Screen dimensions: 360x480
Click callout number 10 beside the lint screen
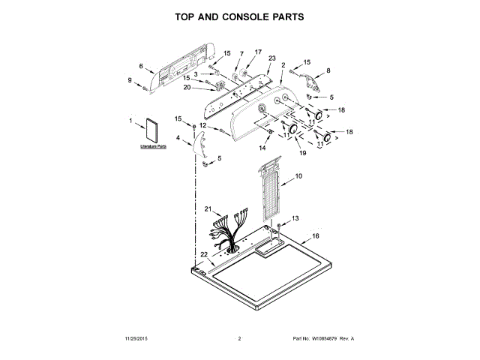pos(298,176)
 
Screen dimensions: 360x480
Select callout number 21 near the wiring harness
pos(209,208)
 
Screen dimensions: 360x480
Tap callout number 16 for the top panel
pos(316,236)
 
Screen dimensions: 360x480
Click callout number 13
pos(295,217)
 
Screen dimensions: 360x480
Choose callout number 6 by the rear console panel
pos(141,66)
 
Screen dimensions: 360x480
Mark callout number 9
pos(130,80)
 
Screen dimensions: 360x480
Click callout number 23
pos(271,58)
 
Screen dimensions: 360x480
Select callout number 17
pos(258,52)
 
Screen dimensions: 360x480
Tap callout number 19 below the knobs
pos(303,153)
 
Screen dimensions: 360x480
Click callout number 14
pos(262,148)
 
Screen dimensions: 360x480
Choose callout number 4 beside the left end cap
pos(178,138)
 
